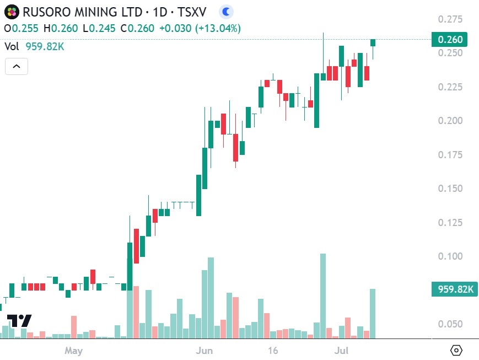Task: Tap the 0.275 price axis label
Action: point(450,19)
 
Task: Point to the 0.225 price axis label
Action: point(450,87)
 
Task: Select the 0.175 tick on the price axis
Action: point(450,155)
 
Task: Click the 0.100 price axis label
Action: point(450,256)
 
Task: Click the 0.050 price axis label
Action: point(450,324)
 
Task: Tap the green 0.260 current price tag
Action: point(449,39)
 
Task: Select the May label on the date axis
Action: point(73,351)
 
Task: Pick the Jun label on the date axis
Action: point(204,351)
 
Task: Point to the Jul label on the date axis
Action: point(342,351)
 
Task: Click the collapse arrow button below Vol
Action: point(16,67)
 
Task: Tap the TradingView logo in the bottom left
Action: point(19,321)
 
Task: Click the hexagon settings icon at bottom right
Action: point(456,350)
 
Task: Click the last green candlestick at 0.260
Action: point(373,42)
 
